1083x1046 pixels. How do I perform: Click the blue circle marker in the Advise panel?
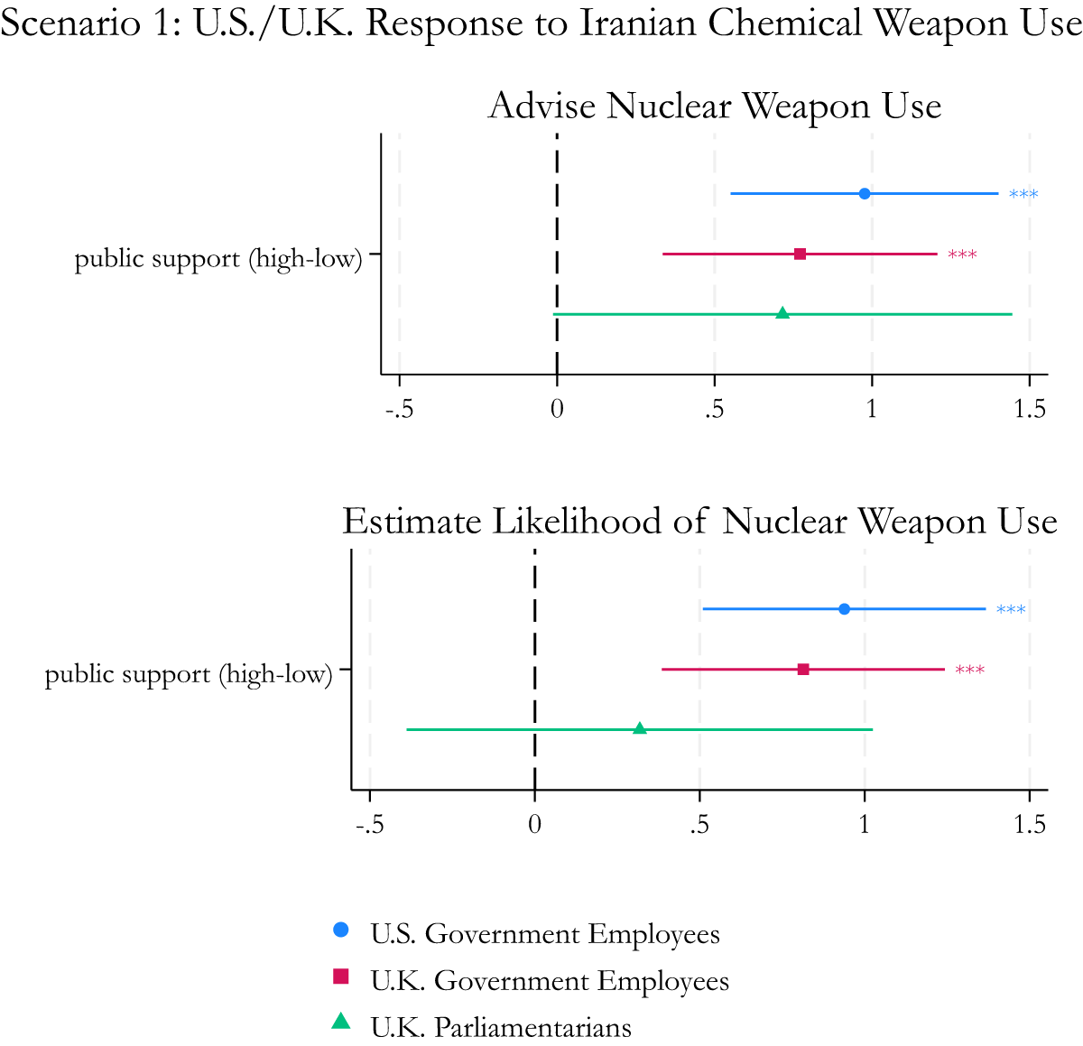coord(865,194)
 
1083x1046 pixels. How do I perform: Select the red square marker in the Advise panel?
coord(801,255)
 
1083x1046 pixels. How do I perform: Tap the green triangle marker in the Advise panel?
coord(782,313)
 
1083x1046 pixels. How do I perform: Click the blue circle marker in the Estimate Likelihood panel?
coord(844,609)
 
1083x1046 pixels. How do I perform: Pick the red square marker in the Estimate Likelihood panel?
coord(803,670)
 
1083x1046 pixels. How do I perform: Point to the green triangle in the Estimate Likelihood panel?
coord(640,728)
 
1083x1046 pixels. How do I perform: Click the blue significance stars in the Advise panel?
coord(1023,195)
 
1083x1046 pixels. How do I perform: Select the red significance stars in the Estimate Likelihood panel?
coord(970,671)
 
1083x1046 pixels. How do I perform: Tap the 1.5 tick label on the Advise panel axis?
coord(1030,410)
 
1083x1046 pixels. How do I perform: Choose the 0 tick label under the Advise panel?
coord(557,410)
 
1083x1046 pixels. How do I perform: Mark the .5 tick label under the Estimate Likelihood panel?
coord(699,825)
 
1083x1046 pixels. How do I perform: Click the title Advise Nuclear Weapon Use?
coord(715,106)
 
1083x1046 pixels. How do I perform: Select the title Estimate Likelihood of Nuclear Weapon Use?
coord(699,523)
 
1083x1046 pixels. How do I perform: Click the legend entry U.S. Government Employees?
coord(545,934)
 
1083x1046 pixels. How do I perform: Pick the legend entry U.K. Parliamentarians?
coord(501,1028)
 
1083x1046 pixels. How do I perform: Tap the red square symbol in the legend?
coord(341,976)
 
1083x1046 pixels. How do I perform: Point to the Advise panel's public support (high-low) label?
coord(218,259)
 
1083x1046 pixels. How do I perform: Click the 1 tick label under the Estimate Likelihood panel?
coord(865,825)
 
